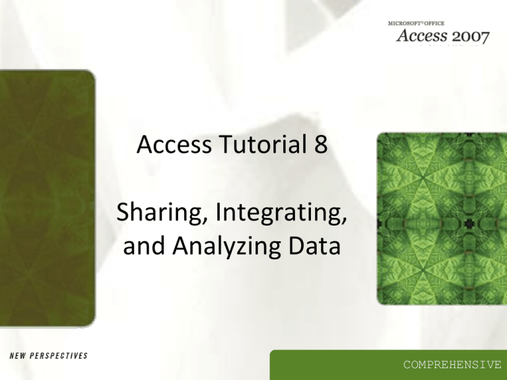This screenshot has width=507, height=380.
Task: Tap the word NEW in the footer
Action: coord(15,356)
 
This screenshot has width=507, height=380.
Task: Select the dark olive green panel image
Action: coord(48,198)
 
